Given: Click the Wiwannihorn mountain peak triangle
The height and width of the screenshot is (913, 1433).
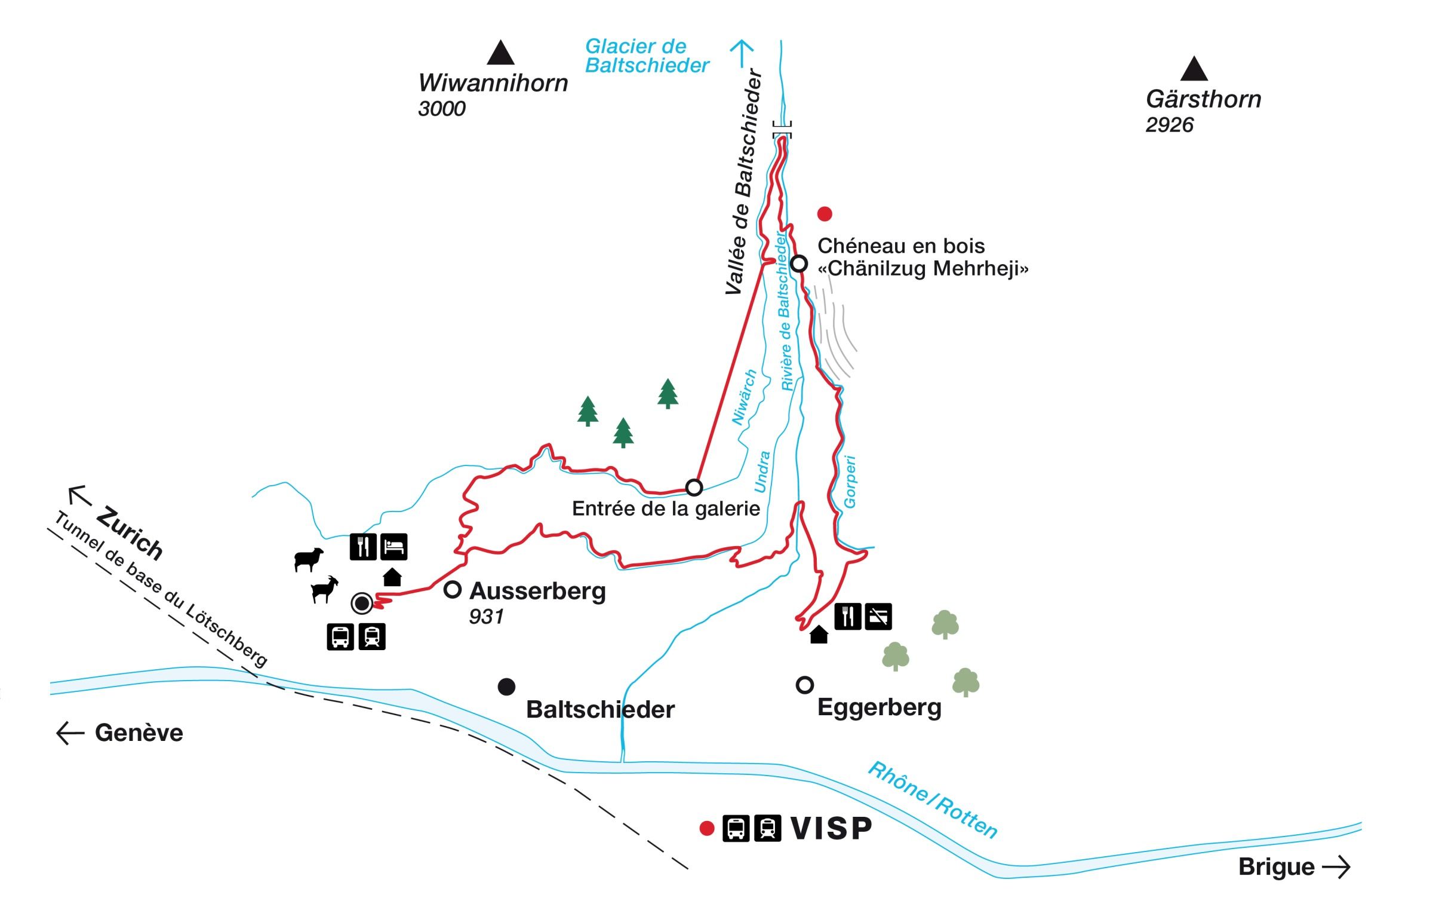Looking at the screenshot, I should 500,53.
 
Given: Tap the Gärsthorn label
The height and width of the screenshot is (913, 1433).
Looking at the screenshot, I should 1203,99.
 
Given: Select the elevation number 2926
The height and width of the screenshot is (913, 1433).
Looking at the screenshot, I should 1169,125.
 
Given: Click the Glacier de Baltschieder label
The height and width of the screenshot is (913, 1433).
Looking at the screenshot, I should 647,56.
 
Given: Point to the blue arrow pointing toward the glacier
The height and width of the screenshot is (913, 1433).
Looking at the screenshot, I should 742,53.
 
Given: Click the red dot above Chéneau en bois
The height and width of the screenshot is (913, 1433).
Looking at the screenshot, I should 825,213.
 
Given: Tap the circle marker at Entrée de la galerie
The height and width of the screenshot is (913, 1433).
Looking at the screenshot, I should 694,488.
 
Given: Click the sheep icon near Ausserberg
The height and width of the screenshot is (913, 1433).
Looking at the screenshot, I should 309,559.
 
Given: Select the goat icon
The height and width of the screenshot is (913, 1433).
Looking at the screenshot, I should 325,590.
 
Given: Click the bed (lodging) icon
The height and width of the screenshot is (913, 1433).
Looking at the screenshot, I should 393,547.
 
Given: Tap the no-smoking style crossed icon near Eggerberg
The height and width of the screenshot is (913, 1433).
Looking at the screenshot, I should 878,616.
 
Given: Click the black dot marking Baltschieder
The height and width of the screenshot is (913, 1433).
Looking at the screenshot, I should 506,687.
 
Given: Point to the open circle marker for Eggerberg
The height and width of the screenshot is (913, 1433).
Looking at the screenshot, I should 805,685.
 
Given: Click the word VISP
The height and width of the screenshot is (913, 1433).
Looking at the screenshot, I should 831,829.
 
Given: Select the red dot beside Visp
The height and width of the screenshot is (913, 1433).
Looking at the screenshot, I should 707,829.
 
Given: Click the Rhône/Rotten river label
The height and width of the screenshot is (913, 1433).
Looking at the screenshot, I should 932,800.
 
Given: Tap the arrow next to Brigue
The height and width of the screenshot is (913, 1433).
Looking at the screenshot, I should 1336,867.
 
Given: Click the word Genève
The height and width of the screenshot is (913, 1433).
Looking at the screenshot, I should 139,733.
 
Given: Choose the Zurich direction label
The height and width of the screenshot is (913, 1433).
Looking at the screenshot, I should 130,533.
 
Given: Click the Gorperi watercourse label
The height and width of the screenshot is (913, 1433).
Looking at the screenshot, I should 850,482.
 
